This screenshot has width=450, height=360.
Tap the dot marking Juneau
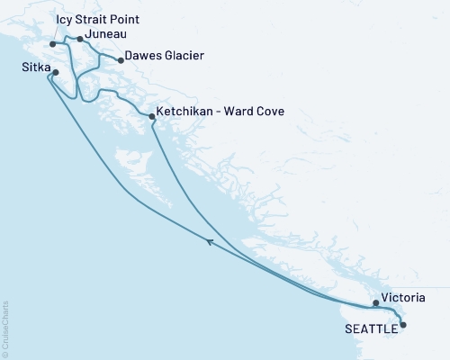(x=80, y=39)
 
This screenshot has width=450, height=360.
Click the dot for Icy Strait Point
(x=53, y=43)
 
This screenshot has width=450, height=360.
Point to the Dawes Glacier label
(x=165, y=56)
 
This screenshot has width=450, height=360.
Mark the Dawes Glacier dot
(x=121, y=61)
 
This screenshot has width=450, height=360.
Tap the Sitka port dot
(x=56, y=72)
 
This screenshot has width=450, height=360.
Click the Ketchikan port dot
(x=150, y=116)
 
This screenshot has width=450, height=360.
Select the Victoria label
(x=403, y=296)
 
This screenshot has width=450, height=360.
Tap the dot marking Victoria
(x=377, y=302)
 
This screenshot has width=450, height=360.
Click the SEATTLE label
(x=371, y=328)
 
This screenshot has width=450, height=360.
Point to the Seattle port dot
(x=402, y=324)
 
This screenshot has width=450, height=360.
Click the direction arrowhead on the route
(x=210, y=241)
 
